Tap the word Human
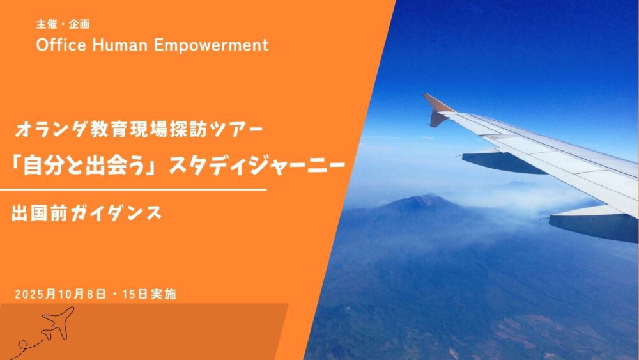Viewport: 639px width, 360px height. click(x=120, y=45)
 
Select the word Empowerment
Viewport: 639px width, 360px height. click(x=211, y=45)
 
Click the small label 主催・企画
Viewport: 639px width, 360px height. click(x=63, y=24)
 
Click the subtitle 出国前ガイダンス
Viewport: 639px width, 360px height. click(x=86, y=213)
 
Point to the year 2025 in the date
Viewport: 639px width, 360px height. click(x=30, y=294)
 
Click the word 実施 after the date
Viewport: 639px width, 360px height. click(x=164, y=294)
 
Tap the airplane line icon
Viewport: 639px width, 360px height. click(x=58, y=324)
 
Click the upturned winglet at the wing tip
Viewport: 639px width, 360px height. click(x=437, y=109)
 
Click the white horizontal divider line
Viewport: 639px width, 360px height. click(x=134, y=189)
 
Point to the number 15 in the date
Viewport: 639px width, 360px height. click(x=128, y=294)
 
